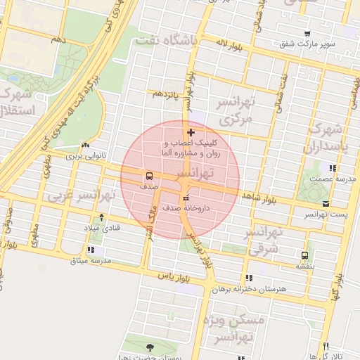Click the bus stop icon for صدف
(149, 176)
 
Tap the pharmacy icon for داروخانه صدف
(185, 198)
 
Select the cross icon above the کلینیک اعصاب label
(191, 132)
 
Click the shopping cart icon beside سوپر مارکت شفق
(307, 33)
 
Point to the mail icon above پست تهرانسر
(326, 203)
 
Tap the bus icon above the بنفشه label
(304, 255)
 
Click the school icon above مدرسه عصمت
(332, 168)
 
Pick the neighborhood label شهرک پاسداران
(323, 138)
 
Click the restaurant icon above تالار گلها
(326, 345)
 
